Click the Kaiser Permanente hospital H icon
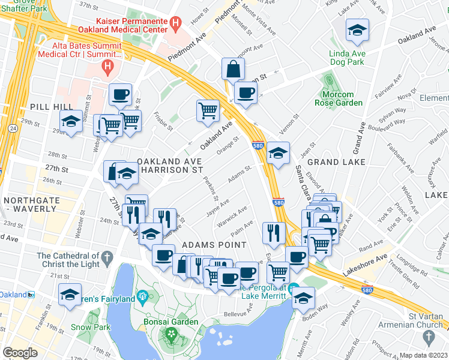175,25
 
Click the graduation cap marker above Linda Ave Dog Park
357,31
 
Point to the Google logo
20,353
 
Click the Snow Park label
90,328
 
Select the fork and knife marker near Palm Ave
274,232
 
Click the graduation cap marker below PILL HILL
71,122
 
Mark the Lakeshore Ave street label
366,265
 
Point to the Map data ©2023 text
424,355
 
